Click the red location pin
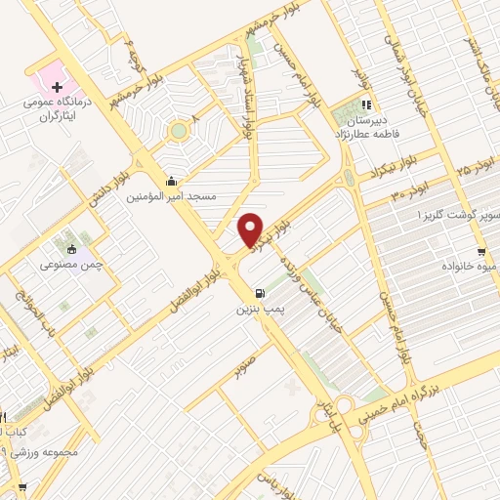pos(251,229)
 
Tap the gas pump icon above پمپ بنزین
pos(259,293)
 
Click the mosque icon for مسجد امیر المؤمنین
pos(172,181)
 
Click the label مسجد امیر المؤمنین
pos(172,195)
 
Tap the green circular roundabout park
pos(179,130)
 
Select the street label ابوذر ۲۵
pos(477,169)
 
